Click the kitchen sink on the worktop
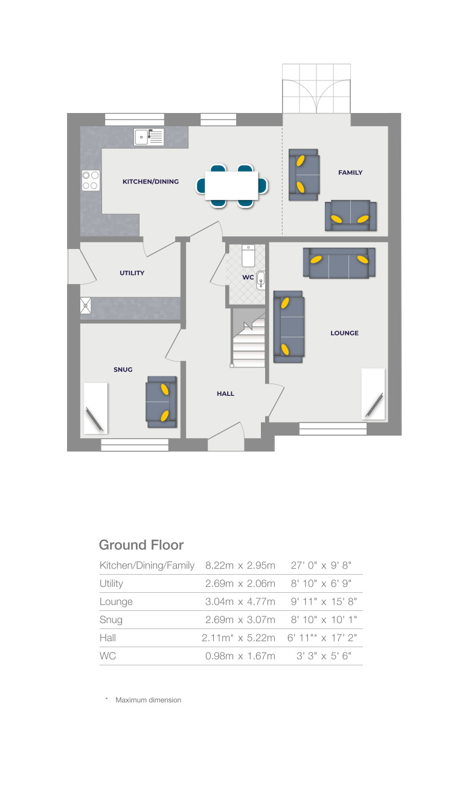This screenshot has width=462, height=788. (149, 138)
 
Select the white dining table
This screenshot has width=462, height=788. (231, 186)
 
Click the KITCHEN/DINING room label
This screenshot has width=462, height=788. (150, 181)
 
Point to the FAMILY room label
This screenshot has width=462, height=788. (350, 172)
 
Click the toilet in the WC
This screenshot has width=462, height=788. (248, 256)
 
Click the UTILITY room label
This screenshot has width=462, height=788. (132, 273)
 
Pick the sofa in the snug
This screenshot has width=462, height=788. (161, 399)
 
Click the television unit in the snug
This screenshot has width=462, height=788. (95, 408)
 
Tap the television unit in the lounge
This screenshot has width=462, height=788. (373, 393)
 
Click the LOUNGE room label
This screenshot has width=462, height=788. (344, 333)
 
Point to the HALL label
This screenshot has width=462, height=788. (225, 393)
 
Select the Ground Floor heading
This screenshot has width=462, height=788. (141, 545)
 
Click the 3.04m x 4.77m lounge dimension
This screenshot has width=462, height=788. (240, 602)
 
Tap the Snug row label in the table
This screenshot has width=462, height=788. (111, 620)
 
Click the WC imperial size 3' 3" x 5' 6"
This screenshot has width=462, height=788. (324, 656)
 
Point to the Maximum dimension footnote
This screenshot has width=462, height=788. (148, 700)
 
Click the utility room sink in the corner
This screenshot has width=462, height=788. (86, 306)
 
